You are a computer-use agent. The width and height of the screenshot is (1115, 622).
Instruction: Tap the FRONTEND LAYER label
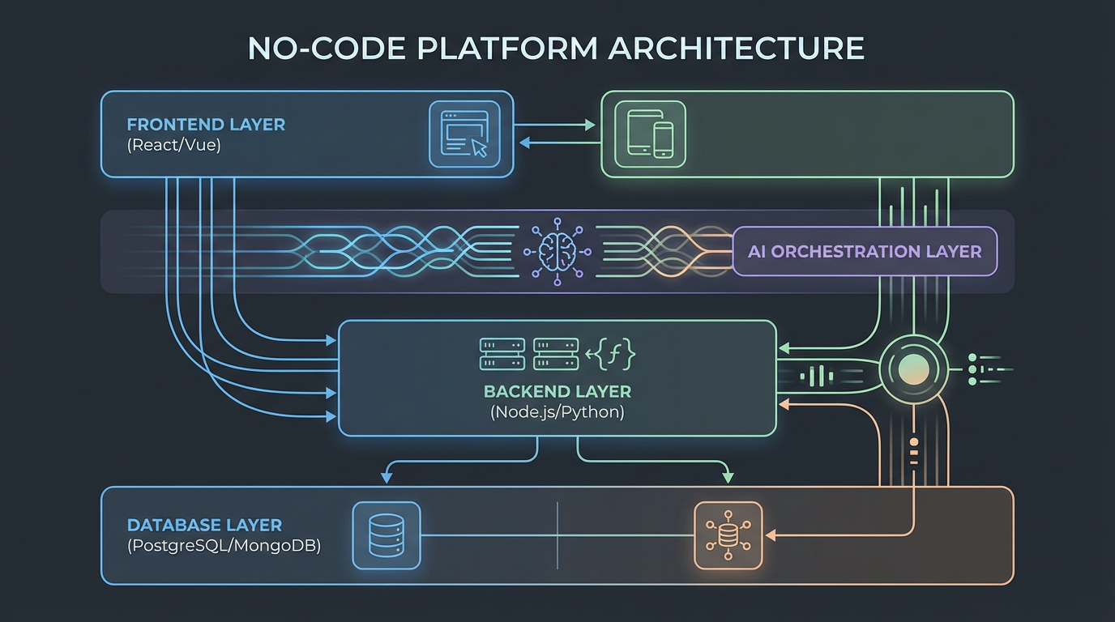(206, 125)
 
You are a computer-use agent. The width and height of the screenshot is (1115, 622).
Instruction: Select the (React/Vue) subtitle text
(173, 147)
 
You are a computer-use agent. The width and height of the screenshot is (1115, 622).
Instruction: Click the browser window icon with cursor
(459, 134)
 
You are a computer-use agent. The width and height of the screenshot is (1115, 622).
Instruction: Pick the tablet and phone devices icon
(650, 134)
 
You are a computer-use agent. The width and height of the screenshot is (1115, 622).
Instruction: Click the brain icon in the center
(557, 252)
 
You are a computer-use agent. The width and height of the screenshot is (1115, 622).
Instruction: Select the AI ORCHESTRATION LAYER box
(865, 252)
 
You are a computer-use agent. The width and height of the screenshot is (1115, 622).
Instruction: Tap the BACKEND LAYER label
(557, 392)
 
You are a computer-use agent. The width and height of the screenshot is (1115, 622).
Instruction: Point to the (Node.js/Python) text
(557, 412)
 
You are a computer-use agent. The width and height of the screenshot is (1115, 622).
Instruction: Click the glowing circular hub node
(912, 371)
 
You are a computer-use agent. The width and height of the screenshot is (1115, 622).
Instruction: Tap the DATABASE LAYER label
(204, 526)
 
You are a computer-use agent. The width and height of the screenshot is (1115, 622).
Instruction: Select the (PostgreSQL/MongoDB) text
(224, 546)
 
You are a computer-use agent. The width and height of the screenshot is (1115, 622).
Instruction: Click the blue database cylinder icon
(387, 535)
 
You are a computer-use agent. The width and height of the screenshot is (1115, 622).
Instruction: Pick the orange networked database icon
(728, 535)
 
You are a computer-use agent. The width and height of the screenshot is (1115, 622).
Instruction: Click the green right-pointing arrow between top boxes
(589, 126)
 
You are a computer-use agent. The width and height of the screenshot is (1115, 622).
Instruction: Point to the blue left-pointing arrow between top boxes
(523, 143)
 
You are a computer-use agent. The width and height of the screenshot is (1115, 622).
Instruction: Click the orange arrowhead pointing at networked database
(771, 535)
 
